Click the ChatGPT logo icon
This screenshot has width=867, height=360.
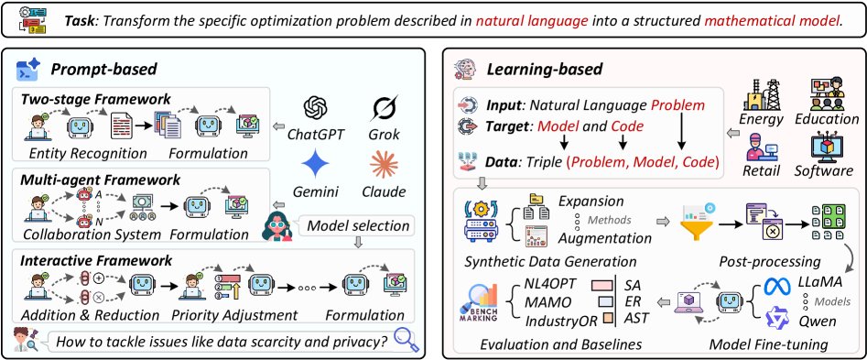pos(316,106)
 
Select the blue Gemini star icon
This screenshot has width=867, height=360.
pos(316,164)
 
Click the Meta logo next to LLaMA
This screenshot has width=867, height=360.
pos(778,286)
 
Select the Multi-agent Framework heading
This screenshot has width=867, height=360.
pos(100,180)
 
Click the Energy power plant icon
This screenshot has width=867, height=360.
pos(765,94)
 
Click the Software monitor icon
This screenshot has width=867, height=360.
pos(827,148)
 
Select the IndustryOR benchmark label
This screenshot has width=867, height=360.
pos(561,320)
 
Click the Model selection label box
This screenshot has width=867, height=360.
pos(358,225)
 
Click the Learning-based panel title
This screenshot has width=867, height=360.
pos(544,70)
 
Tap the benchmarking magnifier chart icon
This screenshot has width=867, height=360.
pos(479,303)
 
